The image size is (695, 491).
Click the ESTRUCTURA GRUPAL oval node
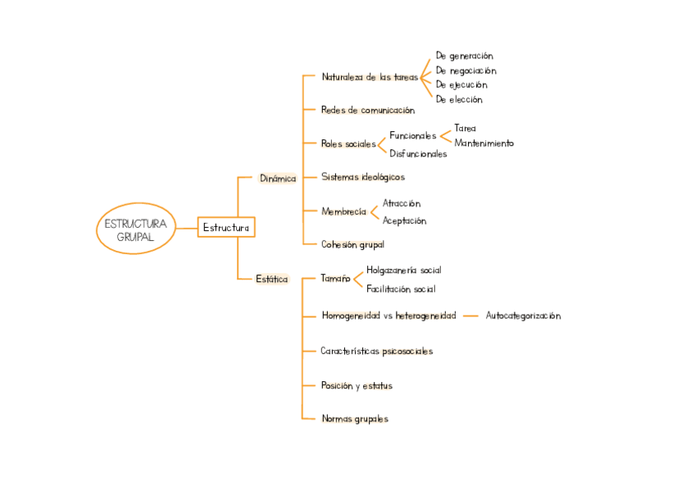tap(136, 229)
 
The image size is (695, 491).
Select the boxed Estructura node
tap(226, 227)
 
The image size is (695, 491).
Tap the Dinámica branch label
tap(278, 178)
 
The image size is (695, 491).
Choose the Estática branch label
tap(272, 279)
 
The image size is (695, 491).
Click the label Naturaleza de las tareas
tap(370, 77)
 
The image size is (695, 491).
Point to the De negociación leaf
tap(466, 70)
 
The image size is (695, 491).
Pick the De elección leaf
tap(459, 99)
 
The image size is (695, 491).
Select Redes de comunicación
tap(368, 110)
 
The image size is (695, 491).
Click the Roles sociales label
tap(348, 143)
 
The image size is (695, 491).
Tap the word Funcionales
tap(413, 135)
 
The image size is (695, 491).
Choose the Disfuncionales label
tap(418, 153)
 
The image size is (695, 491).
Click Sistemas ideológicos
tap(363, 176)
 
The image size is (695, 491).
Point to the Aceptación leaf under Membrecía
tap(404, 220)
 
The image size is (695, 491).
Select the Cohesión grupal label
tap(352, 243)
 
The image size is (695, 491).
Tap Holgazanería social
tap(404, 270)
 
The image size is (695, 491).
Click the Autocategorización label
tap(523, 316)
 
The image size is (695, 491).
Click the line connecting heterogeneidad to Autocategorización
tap(470, 316)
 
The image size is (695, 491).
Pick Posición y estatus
tap(362, 384)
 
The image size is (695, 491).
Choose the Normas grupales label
tap(355, 418)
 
